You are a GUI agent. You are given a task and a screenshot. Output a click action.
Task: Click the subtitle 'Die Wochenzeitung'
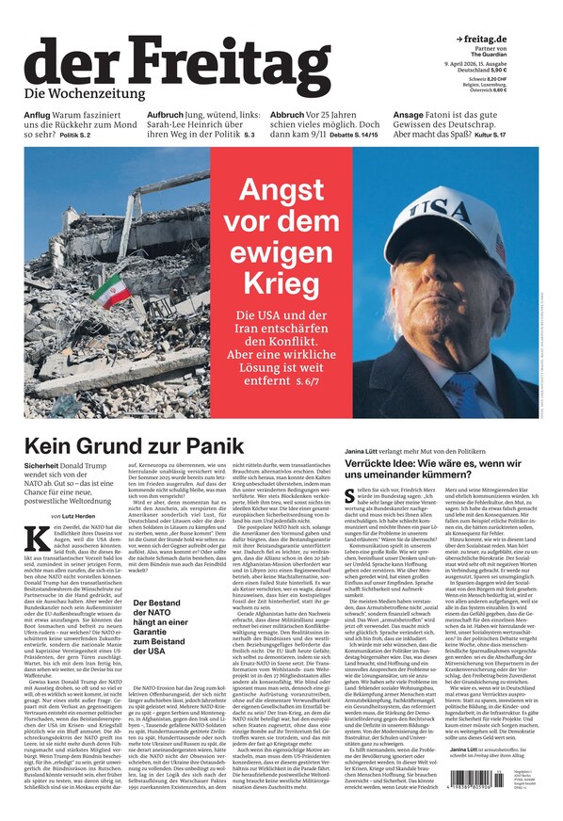[x=85, y=93]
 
